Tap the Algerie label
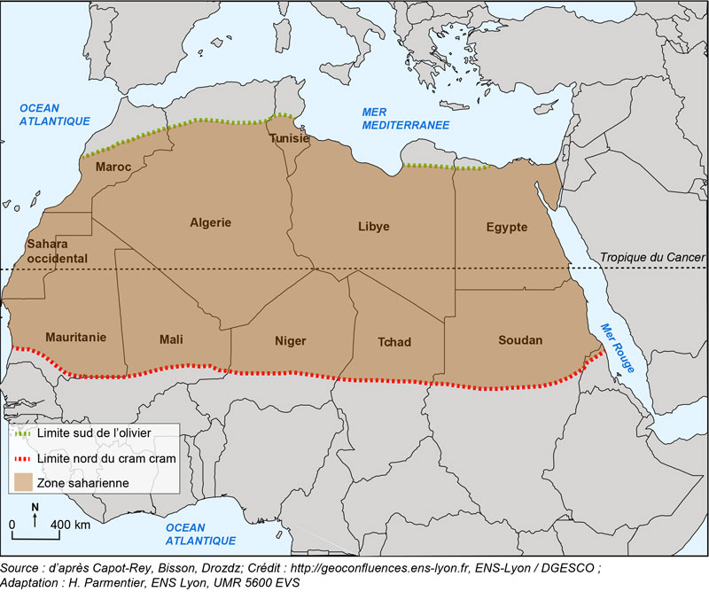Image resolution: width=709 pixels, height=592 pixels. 210,222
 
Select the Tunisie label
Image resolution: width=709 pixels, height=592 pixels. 289,139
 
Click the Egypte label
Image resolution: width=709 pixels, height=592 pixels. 506,227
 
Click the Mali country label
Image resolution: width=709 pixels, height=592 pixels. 171,339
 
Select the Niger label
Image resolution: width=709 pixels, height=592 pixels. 290,340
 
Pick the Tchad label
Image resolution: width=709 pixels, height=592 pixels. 393,342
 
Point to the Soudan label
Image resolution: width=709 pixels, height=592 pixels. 519,340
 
